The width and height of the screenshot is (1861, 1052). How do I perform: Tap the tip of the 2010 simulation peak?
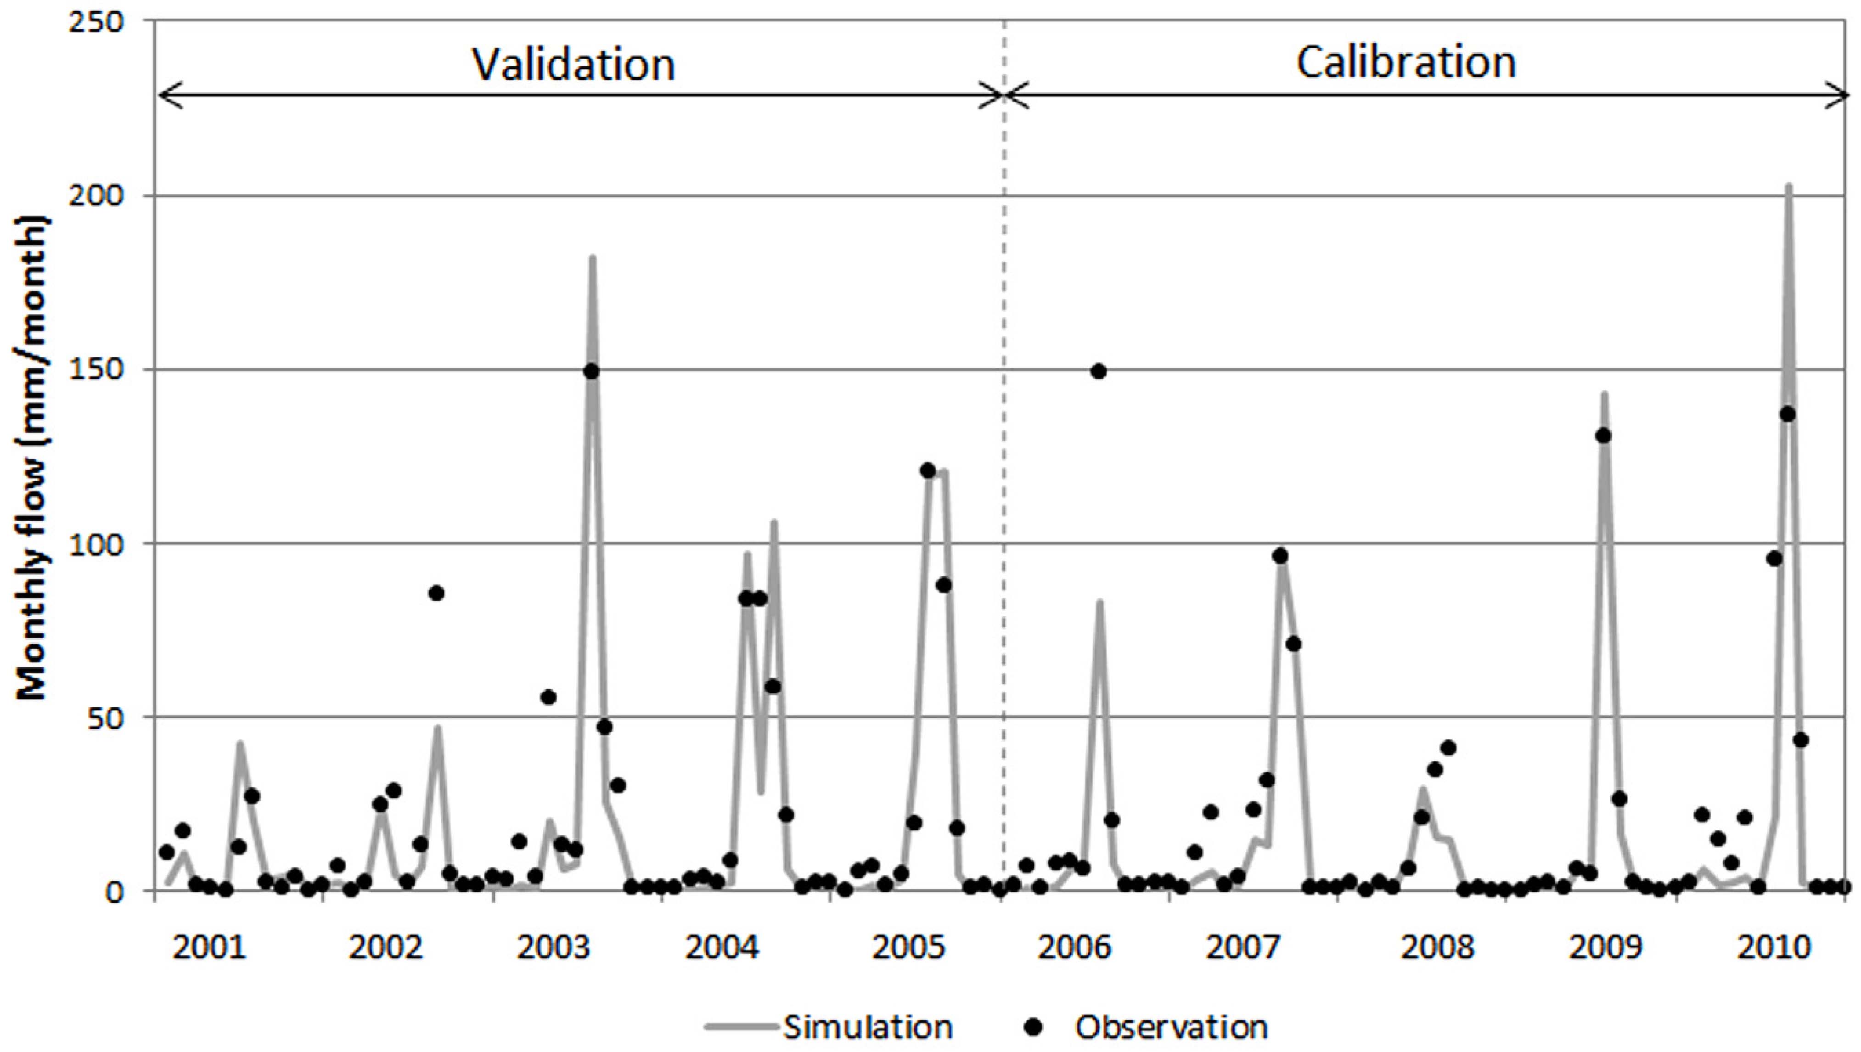(x=1788, y=186)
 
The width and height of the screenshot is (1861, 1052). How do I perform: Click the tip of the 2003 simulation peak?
(x=592, y=258)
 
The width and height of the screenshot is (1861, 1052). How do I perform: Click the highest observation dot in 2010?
(x=1788, y=415)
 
